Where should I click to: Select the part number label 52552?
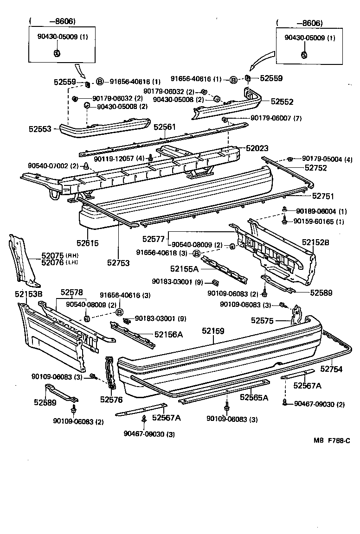(282, 101)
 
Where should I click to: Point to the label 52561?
(165, 127)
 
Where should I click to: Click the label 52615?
(88, 242)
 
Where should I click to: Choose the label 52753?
(118, 262)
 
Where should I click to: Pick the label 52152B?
(315, 242)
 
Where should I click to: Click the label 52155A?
(184, 268)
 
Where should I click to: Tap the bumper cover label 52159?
(213, 331)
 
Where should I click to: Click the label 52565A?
(254, 397)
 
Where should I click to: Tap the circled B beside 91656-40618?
(196, 253)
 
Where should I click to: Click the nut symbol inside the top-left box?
(56, 52)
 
